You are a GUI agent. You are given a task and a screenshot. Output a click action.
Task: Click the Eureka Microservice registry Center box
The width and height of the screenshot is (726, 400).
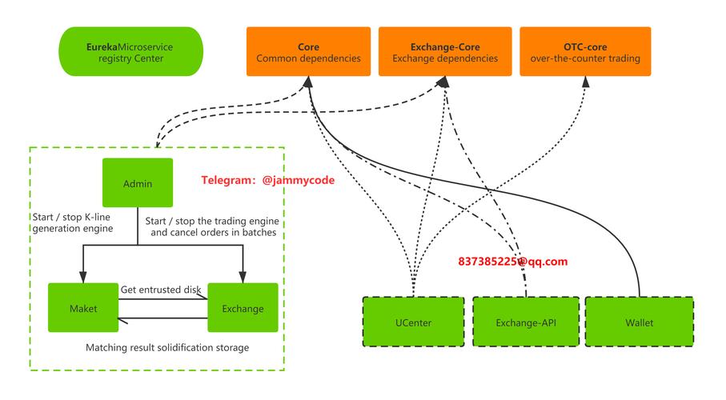(x=131, y=52)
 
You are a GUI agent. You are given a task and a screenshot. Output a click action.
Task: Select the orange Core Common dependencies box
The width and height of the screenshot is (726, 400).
(x=308, y=52)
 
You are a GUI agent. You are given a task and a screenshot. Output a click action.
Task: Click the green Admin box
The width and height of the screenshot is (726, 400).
(x=138, y=183)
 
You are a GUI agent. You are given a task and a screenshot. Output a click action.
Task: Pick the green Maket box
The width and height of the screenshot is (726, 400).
(x=83, y=307)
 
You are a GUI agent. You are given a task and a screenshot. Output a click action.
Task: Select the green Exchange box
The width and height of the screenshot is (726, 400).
(x=243, y=307)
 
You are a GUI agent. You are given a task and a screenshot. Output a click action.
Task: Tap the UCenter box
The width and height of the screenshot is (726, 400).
(x=413, y=322)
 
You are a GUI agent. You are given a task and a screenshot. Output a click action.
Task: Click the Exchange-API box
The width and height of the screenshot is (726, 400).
(x=525, y=322)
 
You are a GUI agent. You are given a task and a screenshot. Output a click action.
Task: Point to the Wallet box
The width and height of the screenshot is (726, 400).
(x=639, y=322)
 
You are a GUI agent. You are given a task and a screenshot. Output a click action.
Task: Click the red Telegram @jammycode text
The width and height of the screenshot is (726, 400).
(x=267, y=181)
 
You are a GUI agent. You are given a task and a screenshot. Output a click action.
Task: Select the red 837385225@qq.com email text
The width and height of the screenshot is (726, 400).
(x=512, y=261)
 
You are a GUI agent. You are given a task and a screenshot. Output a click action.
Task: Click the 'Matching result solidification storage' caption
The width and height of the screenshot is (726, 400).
(x=167, y=347)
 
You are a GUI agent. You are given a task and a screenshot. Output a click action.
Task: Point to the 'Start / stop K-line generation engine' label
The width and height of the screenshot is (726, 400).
(x=72, y=222)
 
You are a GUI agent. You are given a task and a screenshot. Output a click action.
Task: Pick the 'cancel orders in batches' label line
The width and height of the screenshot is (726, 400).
(x=213, y=232)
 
